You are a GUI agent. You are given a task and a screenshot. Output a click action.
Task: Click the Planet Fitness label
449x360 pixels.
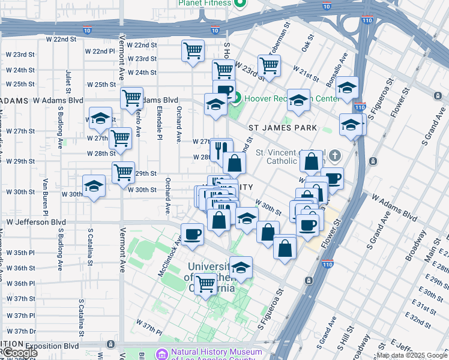click(204, 3)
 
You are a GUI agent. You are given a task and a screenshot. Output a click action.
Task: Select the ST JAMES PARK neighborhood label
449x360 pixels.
click(283, 128)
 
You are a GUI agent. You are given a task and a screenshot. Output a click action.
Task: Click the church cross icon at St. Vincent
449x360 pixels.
click(335, 156)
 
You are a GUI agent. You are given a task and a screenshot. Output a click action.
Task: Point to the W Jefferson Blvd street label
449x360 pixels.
click(36, 222)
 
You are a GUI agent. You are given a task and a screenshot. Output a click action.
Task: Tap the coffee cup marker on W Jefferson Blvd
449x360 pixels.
click(192, 233)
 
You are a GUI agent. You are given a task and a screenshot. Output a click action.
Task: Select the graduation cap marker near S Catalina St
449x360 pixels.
click(94, 187)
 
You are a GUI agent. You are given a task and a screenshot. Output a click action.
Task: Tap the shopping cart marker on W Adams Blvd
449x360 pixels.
click(131, 97)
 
